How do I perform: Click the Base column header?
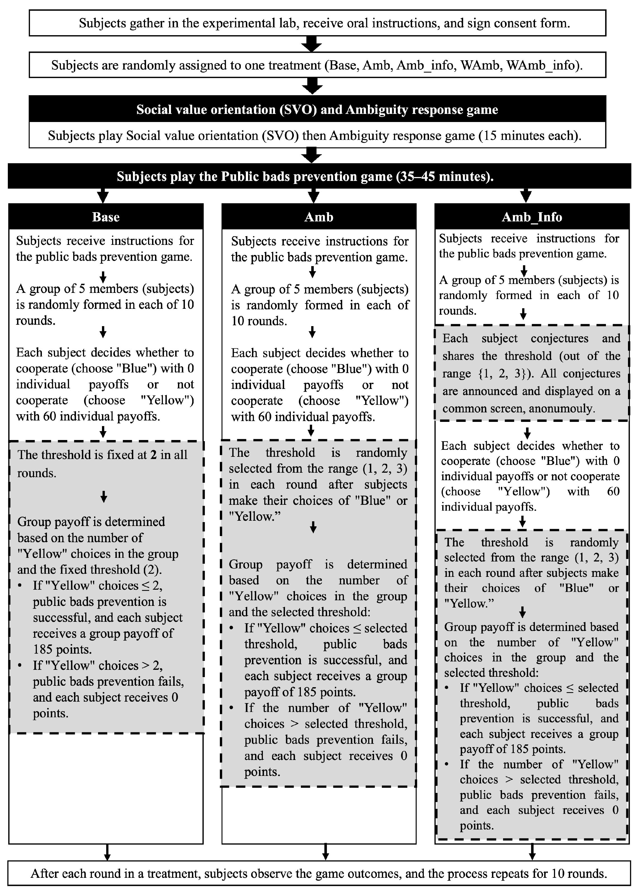pyautogui.click(x=106, y=217)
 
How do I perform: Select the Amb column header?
pyautogui.click(x=318, y=217)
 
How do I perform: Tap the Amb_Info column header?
pyautogui.click(x=532, y=217)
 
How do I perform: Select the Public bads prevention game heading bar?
pyautogui.click(x=305, y=176)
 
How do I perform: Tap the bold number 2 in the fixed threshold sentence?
pyautogui.click(x=153, y=455)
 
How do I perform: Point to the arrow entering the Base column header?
pyautogui.click(x=103, y=195)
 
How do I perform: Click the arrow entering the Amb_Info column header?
pyautogui.click(x=526, y=195)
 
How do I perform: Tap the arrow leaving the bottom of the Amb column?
pyautogui.click(x=325, y=852)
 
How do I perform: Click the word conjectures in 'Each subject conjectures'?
pyautogui.click(x=559, y=338)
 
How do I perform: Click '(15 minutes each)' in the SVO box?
pyautogui.click(x=530, y=135)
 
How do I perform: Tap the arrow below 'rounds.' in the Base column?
pyautogui.click(x=103, y=332)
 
